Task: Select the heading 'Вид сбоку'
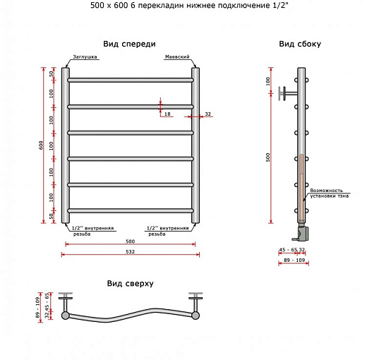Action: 300,44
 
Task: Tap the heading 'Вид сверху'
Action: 130,283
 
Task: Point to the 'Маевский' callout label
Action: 176,57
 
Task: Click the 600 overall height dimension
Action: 42,145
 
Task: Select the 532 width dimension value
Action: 131,251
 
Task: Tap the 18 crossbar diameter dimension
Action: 167,113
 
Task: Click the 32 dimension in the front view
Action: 207,114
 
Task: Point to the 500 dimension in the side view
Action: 268,157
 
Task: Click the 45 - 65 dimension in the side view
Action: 287,250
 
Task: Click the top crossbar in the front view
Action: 131,80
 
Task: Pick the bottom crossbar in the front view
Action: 131,209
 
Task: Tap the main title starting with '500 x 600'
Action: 183,6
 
